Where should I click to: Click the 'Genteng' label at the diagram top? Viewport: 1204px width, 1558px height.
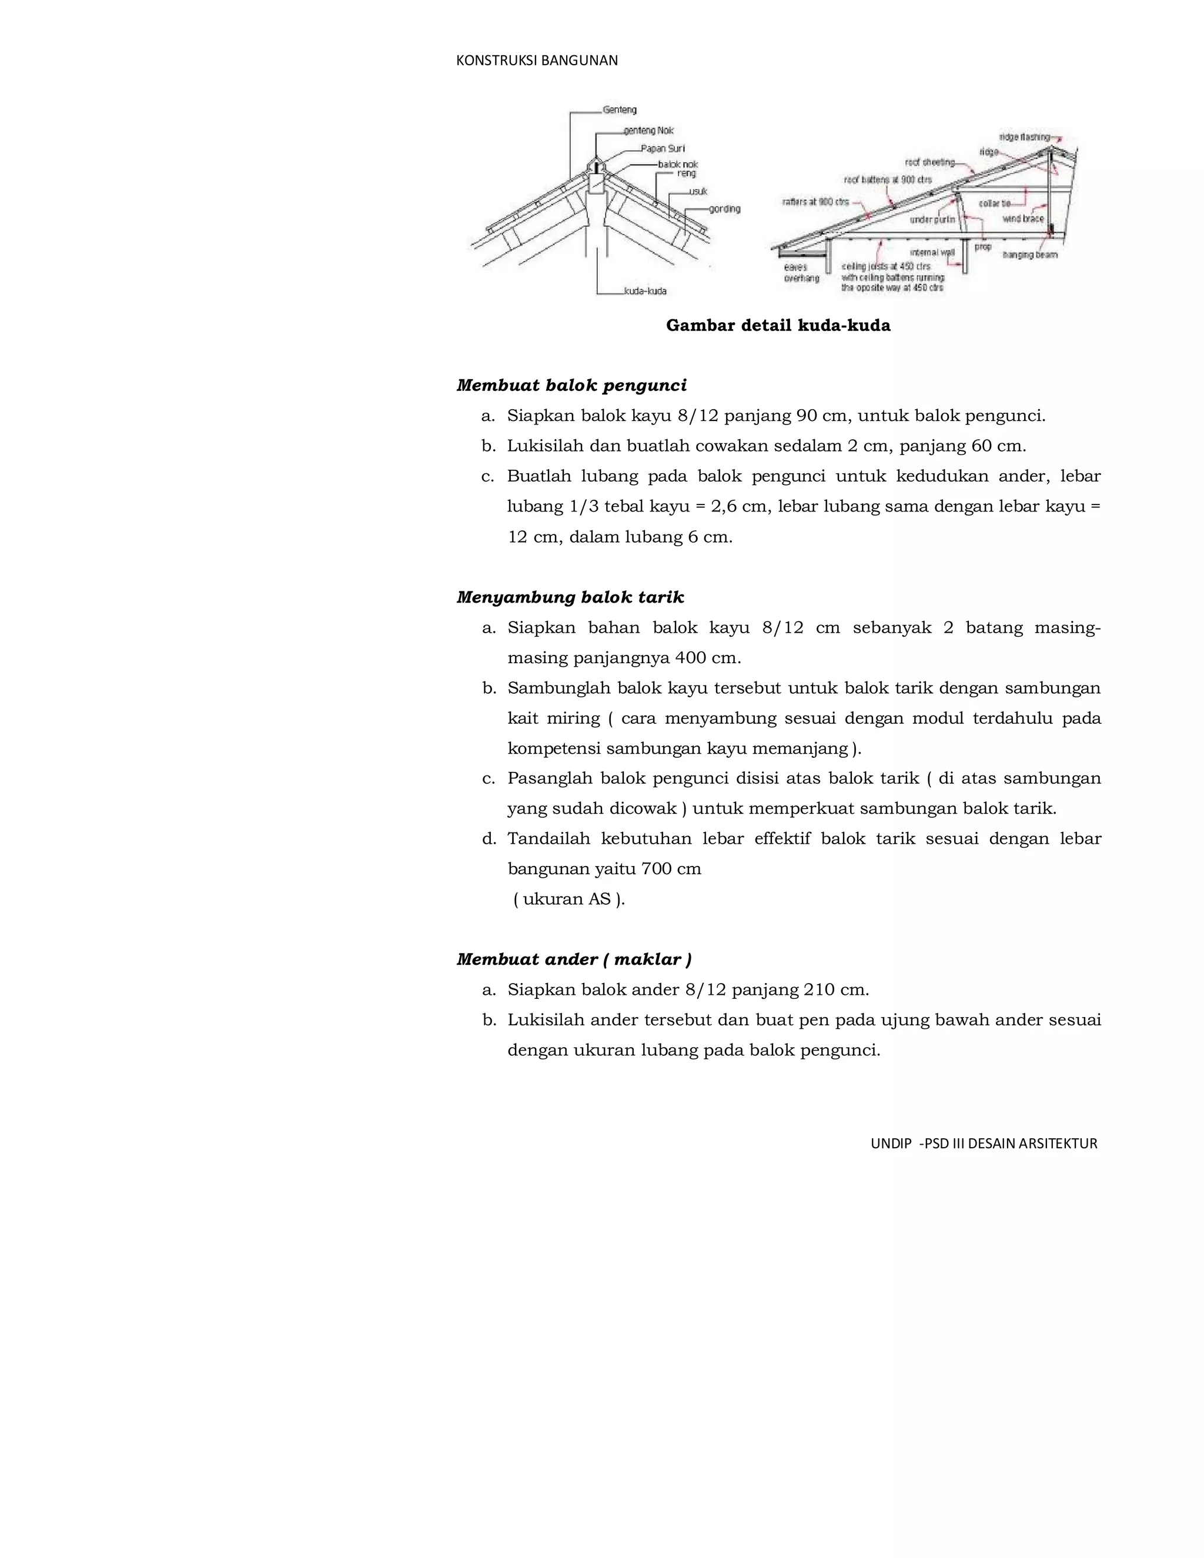coord(619,110)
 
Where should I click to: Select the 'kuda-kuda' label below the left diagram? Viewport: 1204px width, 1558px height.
coord(645,291)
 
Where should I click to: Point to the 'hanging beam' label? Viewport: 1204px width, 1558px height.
coord(1029,255)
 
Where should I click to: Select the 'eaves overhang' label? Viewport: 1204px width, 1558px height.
coord(801,273)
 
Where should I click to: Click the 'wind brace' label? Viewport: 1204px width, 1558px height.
coord(1023,219)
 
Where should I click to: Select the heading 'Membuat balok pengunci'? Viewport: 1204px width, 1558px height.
coord(571,385)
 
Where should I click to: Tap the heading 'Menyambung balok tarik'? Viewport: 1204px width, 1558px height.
coord(569,597)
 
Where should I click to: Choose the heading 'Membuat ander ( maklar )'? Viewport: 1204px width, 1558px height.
coord(573,959)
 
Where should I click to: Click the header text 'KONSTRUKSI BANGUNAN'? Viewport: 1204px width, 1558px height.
coord(536,61)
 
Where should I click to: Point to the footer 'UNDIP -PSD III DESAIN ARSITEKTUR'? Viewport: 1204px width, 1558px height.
coord(983,1144)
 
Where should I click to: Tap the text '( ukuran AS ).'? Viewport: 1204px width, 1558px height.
coord(568,899)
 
